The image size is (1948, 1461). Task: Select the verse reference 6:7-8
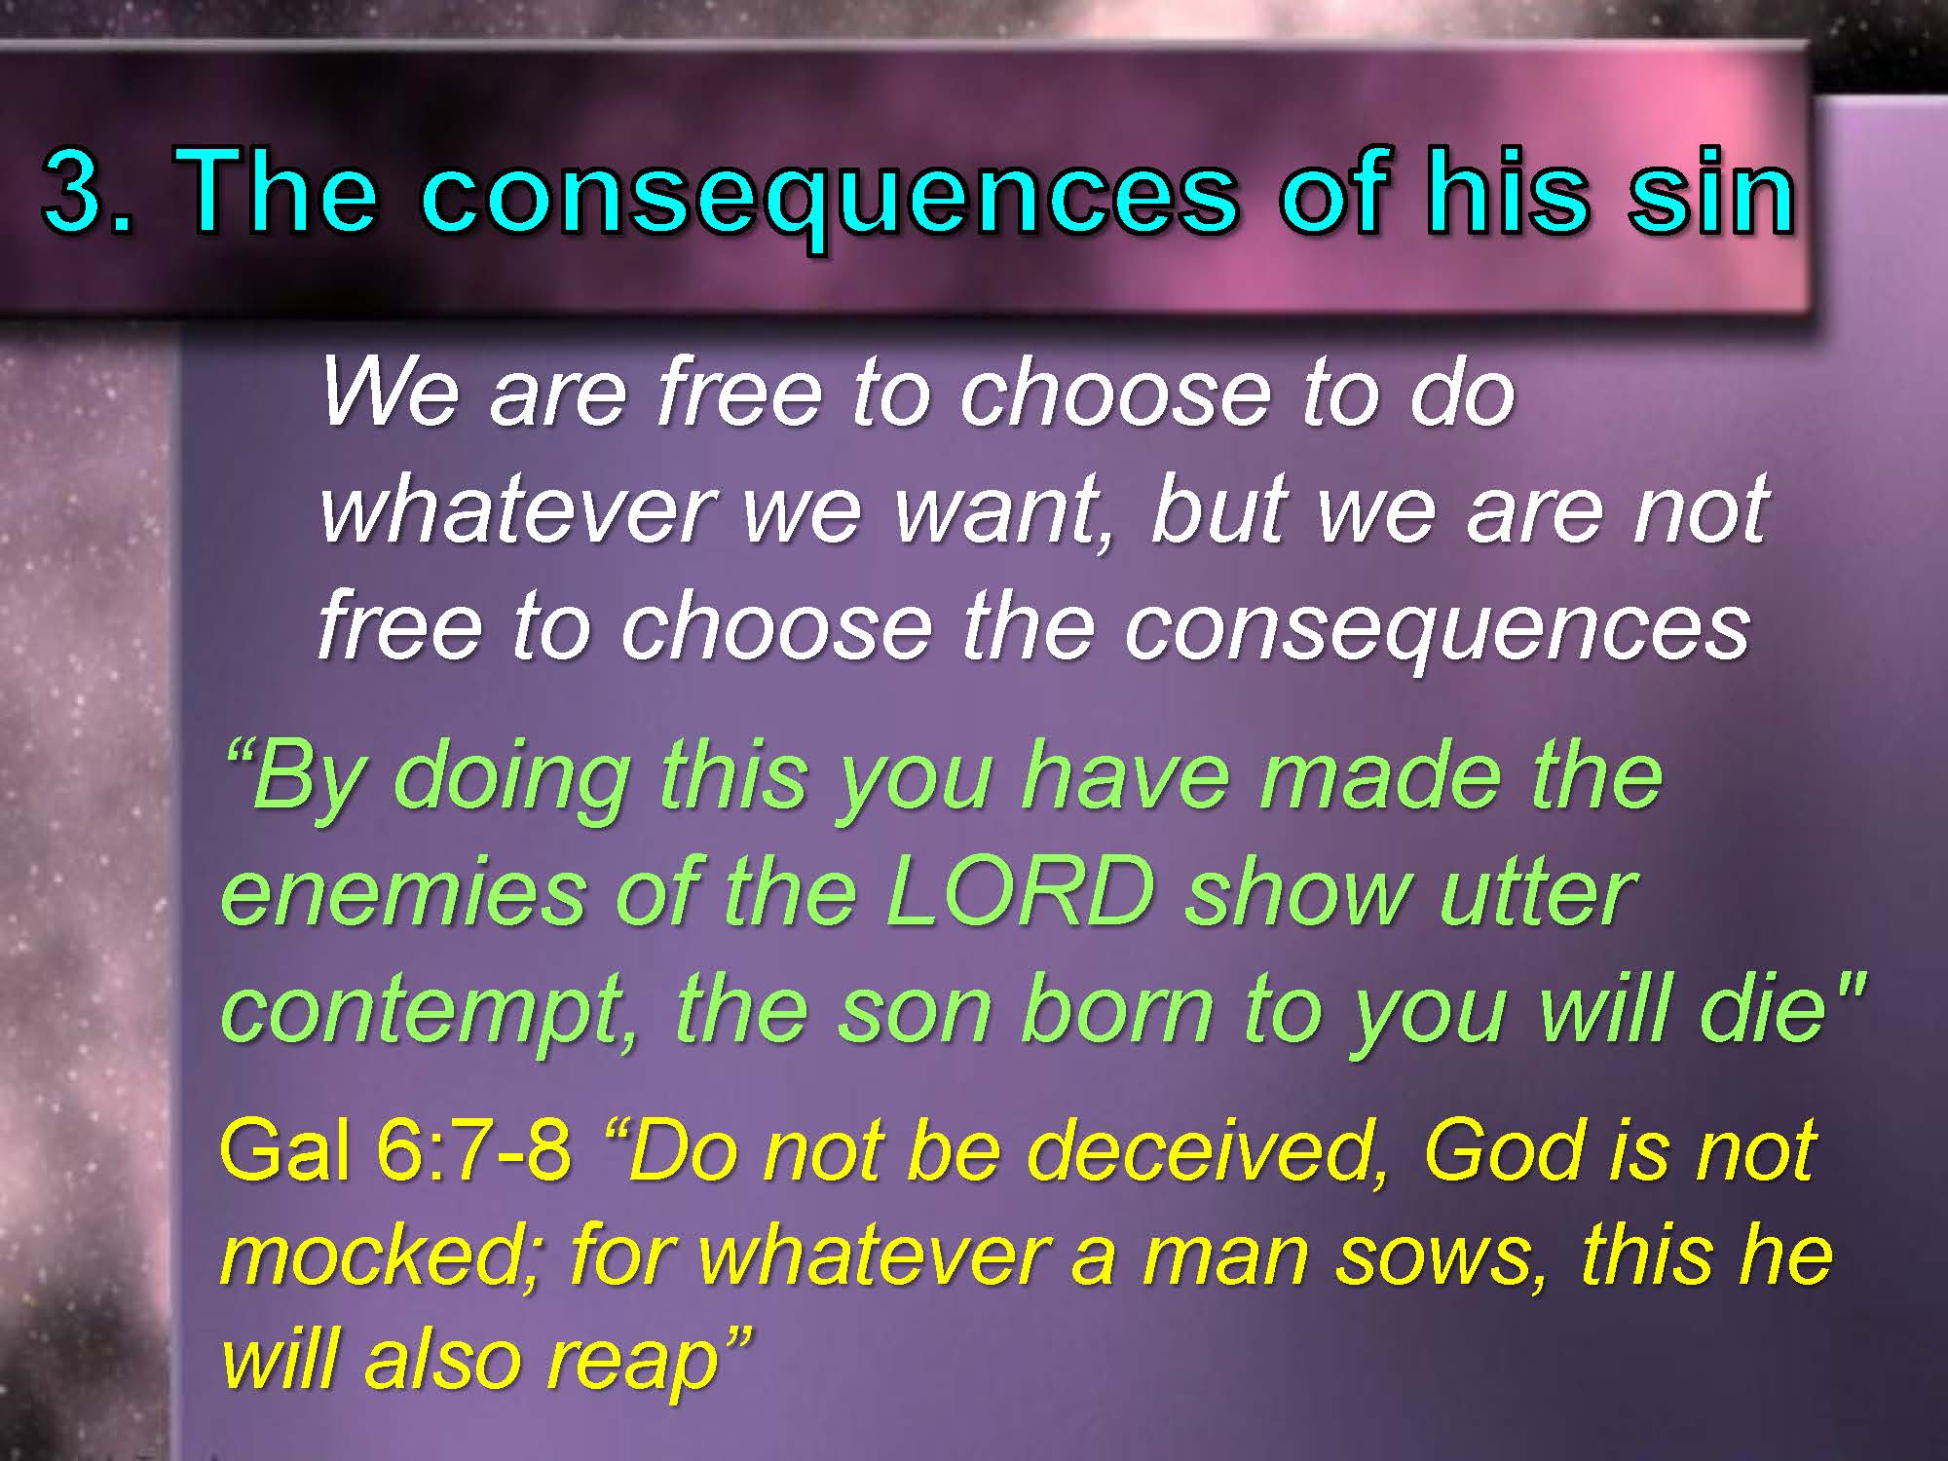pyautogui.click(x=473, y=1149)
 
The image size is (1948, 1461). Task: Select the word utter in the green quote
pyautogui.click(x=1538, y=893)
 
